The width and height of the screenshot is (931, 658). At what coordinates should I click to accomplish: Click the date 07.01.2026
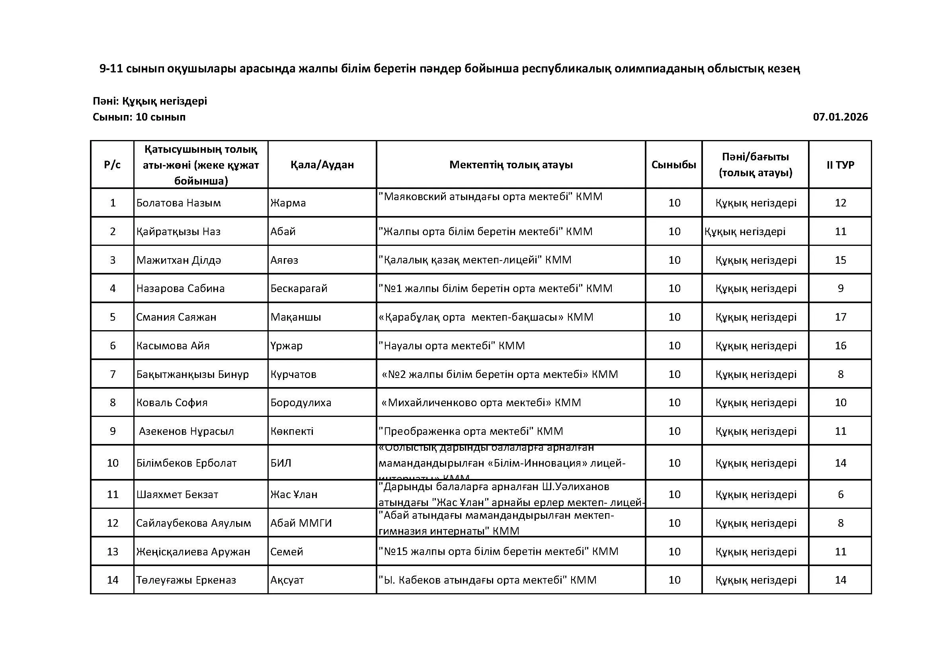point(840,117)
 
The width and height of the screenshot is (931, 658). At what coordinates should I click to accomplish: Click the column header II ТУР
point(840,165)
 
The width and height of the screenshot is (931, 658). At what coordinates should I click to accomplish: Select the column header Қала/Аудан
point(322,165)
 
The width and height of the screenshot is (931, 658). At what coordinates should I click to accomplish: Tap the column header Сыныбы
point(673,165)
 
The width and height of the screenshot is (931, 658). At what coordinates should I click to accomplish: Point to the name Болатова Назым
point(178,203)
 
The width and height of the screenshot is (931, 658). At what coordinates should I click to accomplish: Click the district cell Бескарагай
point(299,288)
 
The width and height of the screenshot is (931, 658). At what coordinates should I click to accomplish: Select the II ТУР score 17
point(840,317)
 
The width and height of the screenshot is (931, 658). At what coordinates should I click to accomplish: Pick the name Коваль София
point(172,403)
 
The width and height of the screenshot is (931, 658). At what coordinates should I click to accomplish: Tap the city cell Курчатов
point(293,374)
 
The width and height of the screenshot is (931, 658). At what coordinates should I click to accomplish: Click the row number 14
point(112,580)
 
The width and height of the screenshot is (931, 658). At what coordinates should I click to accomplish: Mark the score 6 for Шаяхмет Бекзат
point(840,494)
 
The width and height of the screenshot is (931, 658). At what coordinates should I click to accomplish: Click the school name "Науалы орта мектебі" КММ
point(452,346)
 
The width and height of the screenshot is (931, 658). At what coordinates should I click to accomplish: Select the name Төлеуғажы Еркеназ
point(186,580)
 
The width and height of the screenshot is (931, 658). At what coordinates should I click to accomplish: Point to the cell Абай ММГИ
point(301,523)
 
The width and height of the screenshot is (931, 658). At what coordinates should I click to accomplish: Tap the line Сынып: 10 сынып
point(139,117)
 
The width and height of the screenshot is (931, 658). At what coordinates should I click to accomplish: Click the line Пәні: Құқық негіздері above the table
point(150,101)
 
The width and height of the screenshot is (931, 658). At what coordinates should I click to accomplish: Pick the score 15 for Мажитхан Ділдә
point(840,260)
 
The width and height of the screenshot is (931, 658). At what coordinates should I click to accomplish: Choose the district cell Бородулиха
point(301,403)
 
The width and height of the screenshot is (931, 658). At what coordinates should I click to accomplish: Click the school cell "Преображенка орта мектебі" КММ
point(471,431)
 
